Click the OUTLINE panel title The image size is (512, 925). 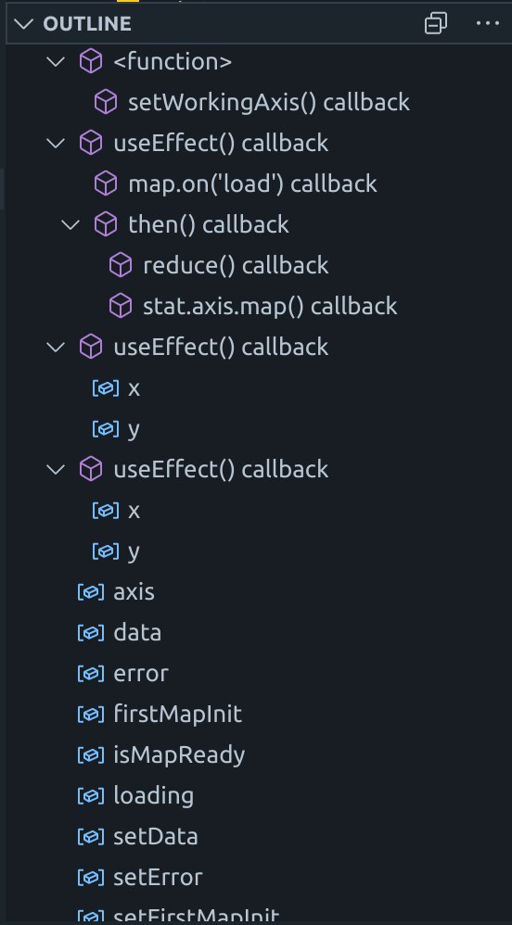tap(87, 23)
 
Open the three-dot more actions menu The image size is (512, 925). tap(487, 23)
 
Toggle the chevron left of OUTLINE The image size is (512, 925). tap(24, 23)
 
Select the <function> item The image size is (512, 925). tap(173, 62)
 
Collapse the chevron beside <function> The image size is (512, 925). tap(56, 61)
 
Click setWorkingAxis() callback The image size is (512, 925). tap(269, 103)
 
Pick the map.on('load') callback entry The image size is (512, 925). tap(252, 184)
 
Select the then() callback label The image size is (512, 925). tap(209, 224)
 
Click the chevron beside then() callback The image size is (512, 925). tap(70, 224)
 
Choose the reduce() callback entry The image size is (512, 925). tap(236, 265)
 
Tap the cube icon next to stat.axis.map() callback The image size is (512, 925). tap(121, 306)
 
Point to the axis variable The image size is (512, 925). tap(134, 591)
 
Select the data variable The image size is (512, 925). tap(137, 632)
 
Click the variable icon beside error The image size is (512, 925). tap(91, 674)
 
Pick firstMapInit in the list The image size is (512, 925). tap(178, 714)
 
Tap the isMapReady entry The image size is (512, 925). tap(179, 755)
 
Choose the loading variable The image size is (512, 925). tap(154, 796)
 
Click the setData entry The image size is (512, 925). tap(155, 837)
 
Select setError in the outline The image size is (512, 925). tap(158, 877)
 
